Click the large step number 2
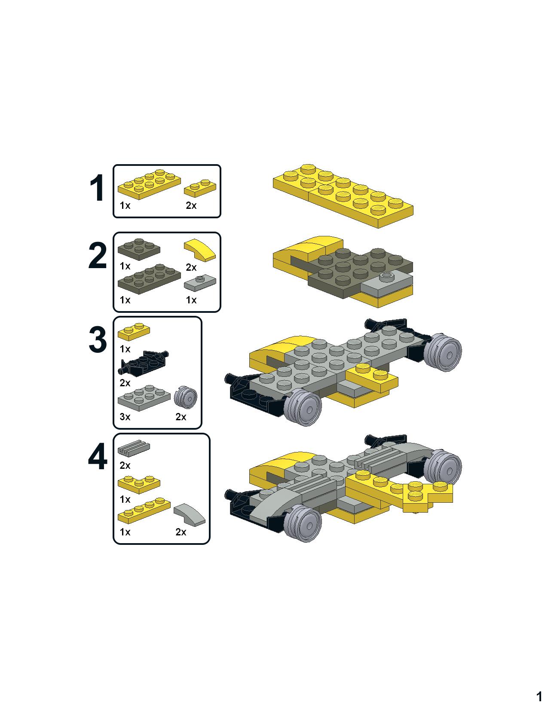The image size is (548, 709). (97, 256)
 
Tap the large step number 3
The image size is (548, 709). (98, 339)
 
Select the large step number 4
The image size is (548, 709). (98, 456)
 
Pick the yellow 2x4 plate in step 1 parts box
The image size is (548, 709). (149, 184)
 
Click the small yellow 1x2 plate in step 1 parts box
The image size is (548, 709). (200, 188)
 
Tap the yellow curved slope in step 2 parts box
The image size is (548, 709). (200, 251)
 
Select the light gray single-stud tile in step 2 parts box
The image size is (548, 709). (200, 283)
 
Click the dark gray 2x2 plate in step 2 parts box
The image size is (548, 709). (139, 249)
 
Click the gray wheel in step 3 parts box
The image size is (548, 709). (185, 397)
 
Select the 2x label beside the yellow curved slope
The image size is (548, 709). (191, 268)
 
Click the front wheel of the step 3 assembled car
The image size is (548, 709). (303, 407)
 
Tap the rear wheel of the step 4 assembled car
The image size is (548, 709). (444, 468)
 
